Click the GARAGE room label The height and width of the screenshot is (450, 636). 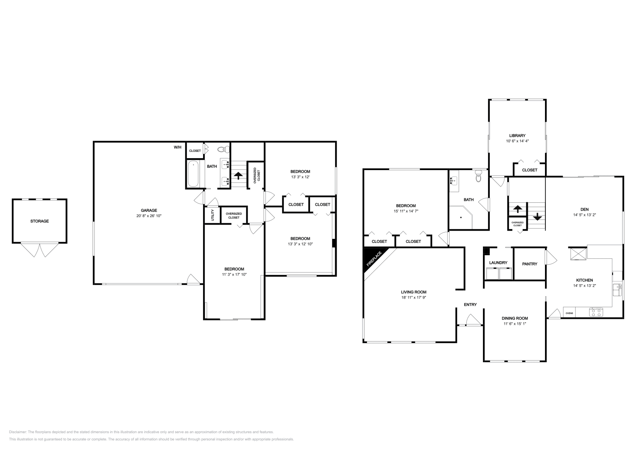tap(149, 210)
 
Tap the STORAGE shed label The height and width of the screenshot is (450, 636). tap(39, 221)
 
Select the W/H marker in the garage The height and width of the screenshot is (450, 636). tap(177, 147)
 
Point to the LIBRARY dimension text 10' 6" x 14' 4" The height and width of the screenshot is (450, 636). tap(517, 141)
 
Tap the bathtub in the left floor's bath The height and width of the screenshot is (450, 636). tap(194, 174)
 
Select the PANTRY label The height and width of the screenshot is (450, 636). tap(529, 264)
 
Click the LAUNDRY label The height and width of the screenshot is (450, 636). tap(498, 263)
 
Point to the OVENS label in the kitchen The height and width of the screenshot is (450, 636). tap(569, 313)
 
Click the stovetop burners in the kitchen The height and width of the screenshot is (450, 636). tap(596, 312)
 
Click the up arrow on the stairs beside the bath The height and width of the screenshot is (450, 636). tap(238, 175)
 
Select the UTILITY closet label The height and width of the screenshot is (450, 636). tap(213, 215)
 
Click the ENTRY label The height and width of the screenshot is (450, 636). tap(470, 305)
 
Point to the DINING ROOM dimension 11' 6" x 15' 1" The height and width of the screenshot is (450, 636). tap(515, 324)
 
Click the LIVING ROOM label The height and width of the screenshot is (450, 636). tap(413, 292)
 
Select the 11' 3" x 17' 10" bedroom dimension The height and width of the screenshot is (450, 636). tap(234, 274)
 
